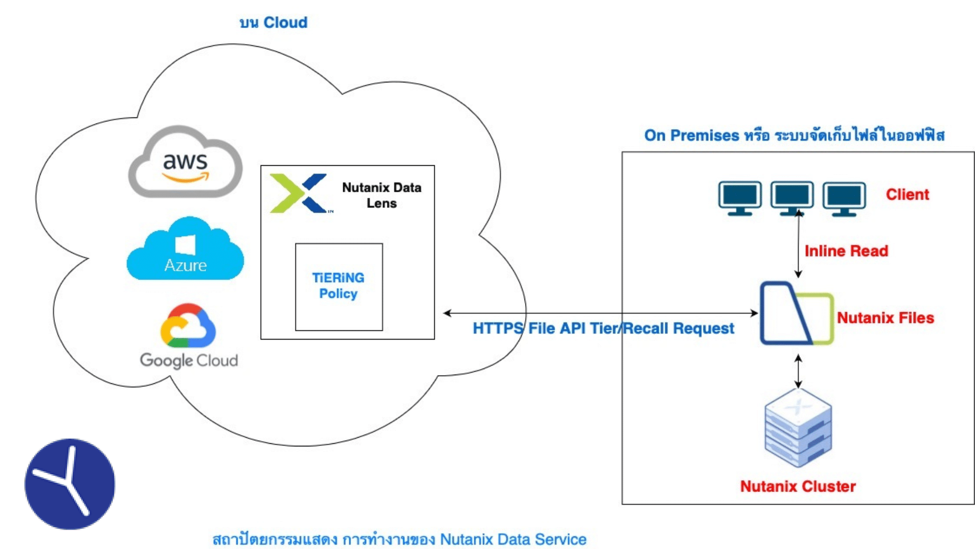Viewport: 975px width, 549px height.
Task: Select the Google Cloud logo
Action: [188, 335]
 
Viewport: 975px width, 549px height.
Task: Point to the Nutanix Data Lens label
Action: [381, 195]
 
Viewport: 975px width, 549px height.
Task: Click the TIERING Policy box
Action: [339, 287]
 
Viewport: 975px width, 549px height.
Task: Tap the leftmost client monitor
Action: [740, 197]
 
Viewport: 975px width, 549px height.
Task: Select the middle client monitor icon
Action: [792, 197]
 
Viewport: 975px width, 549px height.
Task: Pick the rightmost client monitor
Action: [844, 197]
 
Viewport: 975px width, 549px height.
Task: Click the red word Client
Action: [907, 194]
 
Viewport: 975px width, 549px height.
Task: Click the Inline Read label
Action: [846, 251]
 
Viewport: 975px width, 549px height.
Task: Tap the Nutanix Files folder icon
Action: [796, 314]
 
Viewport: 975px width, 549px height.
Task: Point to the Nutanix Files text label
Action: [885, 318]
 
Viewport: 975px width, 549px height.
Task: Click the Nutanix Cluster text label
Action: [797, 486]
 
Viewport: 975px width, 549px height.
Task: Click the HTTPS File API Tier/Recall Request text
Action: [603, 328]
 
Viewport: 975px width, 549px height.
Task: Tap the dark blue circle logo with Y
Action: [70, 484]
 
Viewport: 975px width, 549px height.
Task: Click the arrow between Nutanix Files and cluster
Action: [798, 371]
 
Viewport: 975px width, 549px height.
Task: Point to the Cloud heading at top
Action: [273, 22]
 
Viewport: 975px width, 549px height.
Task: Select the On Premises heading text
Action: [794, 135]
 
